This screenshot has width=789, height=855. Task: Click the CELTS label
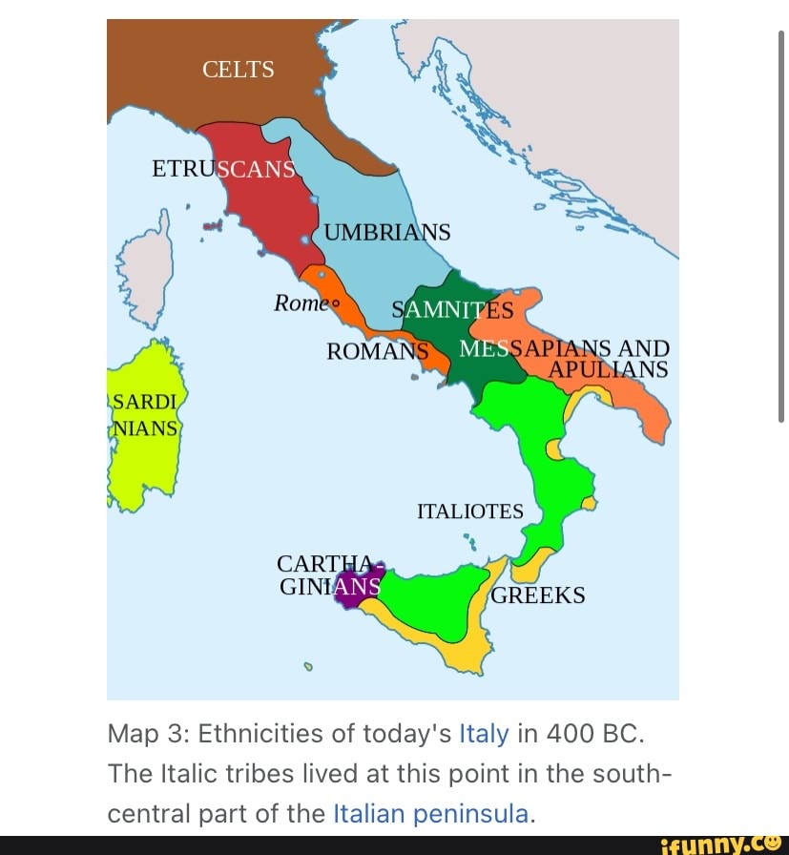tap(239, 70)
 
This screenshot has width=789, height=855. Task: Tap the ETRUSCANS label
tap(223, 170)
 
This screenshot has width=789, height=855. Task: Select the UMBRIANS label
tap(386, 233)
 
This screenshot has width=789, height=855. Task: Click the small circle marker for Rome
tap(334, 305)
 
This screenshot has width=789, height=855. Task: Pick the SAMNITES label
tap(453, 311)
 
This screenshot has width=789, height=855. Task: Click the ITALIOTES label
tap(470, 511)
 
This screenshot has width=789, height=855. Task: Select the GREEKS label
tap(536, 595)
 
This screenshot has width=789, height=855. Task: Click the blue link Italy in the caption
tap(485, 734)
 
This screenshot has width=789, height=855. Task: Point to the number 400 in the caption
tap(566, 734)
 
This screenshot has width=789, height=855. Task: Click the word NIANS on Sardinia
tap(146, 428)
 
